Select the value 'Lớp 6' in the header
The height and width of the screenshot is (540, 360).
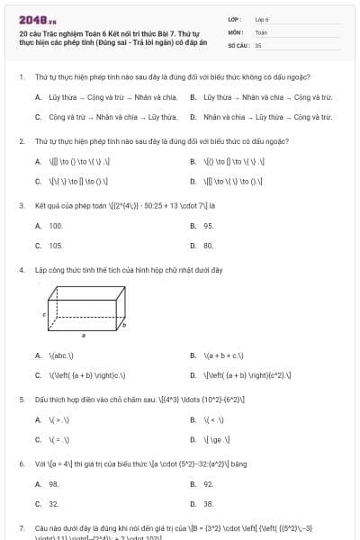262,18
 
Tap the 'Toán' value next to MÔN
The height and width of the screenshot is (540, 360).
261,31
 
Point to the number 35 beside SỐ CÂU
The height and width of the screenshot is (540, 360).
258,44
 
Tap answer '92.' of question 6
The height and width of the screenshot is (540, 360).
208,484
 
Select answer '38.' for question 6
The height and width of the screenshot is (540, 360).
208,504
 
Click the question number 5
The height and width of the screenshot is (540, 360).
21,399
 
